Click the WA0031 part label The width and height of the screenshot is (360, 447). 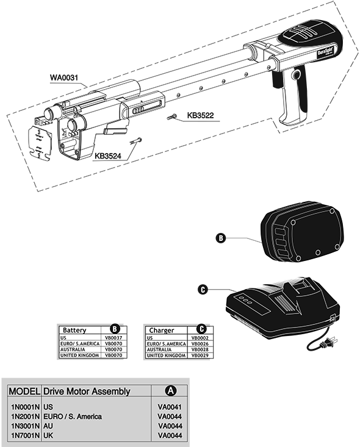pyautogui.click(x=64, y=77)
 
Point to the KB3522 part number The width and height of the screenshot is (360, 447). pyautogui.click(x=200, y=115)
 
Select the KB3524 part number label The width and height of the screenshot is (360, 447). pyautogui.click(x=108, y=156)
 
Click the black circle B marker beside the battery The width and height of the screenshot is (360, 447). pyautogui.click(x=220, y=238)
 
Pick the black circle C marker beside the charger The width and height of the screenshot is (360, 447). pyautogui.click(x=203, y=290)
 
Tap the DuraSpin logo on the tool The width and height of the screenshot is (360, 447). pyautogui.click(x=325, y=52)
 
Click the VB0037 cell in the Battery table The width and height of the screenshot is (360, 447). pyautogui.click(x=113, y=338)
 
